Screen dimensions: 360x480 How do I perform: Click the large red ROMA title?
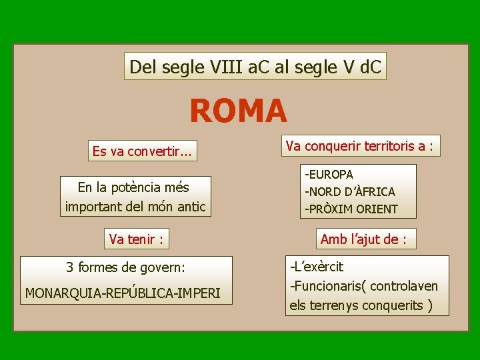coord(238,111)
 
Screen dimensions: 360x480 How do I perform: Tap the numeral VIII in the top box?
coord(227,67)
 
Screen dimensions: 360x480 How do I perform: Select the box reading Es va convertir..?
coord(142,151)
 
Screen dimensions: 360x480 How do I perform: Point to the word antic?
coord(190,207)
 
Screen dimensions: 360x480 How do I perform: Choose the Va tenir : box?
coord(137,238)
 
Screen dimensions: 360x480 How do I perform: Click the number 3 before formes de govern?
coord(70,268)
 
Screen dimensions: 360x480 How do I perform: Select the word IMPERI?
coord(197,293)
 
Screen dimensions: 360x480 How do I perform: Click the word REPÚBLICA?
coord(131,293)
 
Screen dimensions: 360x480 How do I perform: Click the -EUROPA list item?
coord(329,175)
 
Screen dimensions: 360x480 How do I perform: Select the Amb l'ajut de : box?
coord(363,239)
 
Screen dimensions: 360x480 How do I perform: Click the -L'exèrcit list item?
coord(317,267)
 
